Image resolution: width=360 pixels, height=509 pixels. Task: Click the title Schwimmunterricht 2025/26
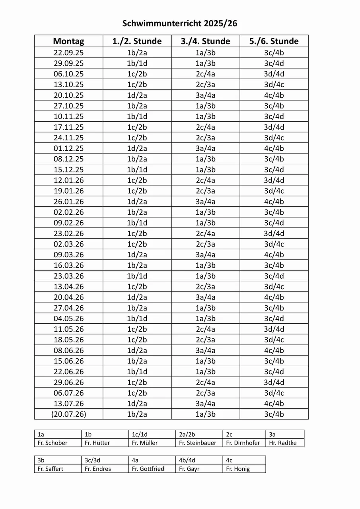pos(180,23)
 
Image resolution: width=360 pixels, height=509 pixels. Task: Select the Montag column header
pos(68,41)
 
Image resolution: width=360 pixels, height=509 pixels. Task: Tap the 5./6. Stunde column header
pos(274,41)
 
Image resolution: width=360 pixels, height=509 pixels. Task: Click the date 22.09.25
pos(68,52)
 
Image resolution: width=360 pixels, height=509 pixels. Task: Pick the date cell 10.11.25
pos(68,117)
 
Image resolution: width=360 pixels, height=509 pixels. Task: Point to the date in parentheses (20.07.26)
pos(68,414)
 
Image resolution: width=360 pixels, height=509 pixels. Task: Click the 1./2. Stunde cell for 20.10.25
pos(137,95)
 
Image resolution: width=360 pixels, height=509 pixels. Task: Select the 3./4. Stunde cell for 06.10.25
pos(205,74)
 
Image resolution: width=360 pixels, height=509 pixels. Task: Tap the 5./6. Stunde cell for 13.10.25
pos(274,84)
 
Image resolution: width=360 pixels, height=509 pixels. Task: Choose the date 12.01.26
pos(68,180)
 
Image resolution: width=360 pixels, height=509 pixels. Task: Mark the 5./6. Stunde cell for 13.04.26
pos(274,286)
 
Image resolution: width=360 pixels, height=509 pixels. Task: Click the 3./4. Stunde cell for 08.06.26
pos(205,350)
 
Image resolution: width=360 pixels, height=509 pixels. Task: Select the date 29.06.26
pos(68,382)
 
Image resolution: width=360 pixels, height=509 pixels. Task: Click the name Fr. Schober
pos(53,443)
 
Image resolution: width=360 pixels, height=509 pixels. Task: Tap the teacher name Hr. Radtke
pos(283,443)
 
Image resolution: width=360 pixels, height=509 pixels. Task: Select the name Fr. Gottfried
pos(148,468)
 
